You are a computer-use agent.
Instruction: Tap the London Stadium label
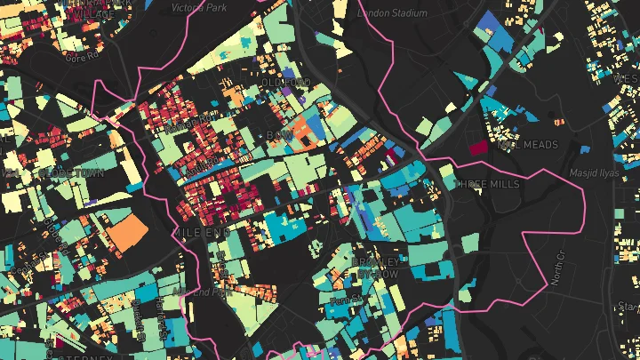(x=392, y=13)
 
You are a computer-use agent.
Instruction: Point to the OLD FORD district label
(x=285, y=84)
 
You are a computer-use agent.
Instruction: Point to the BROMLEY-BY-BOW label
(x=377, y=268)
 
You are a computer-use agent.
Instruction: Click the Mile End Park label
(x=202, y=292)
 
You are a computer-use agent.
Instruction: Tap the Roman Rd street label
(x=196, y=118)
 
